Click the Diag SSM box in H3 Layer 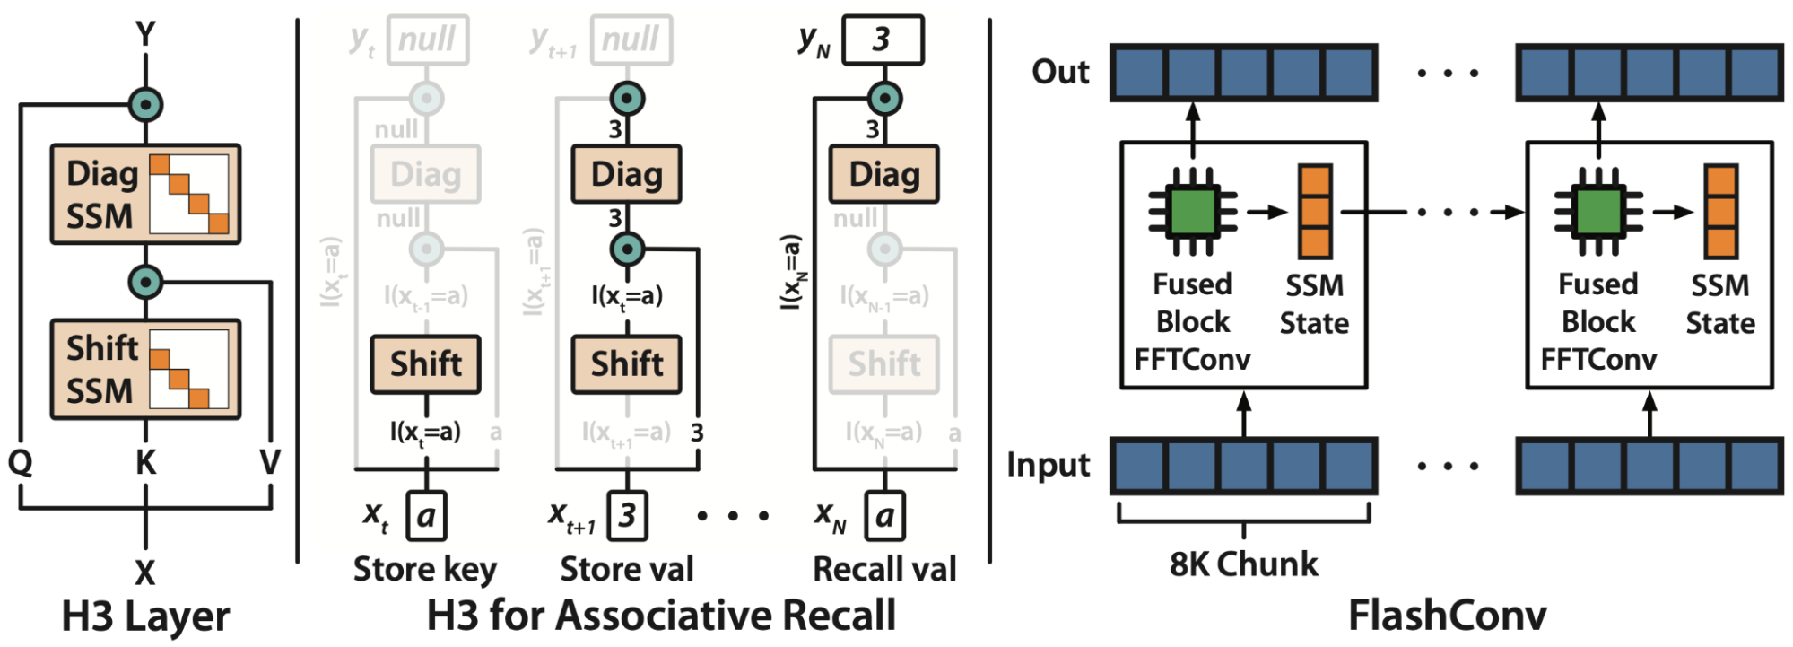tap(145, 195)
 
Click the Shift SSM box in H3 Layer tap(145, 369)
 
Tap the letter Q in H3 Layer tap(20, 462)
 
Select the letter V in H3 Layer tap(269, 462)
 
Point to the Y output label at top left tap(145, 34)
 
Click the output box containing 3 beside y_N tap(883, 39)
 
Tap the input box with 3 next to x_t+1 tap(627, 515)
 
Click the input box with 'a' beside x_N tap(884, 515)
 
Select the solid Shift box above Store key tap(426, 364)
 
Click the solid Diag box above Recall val tap(884, 174)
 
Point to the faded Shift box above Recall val tap(884, 364)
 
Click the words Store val tap(627, 569)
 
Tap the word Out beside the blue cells tap(1060, 72)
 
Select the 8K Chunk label tap(1243, 564)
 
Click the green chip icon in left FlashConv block tap(1192, 213)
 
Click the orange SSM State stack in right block tap(1721, 213)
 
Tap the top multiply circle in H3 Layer tap(145, 104)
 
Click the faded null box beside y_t tap(428, 39)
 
